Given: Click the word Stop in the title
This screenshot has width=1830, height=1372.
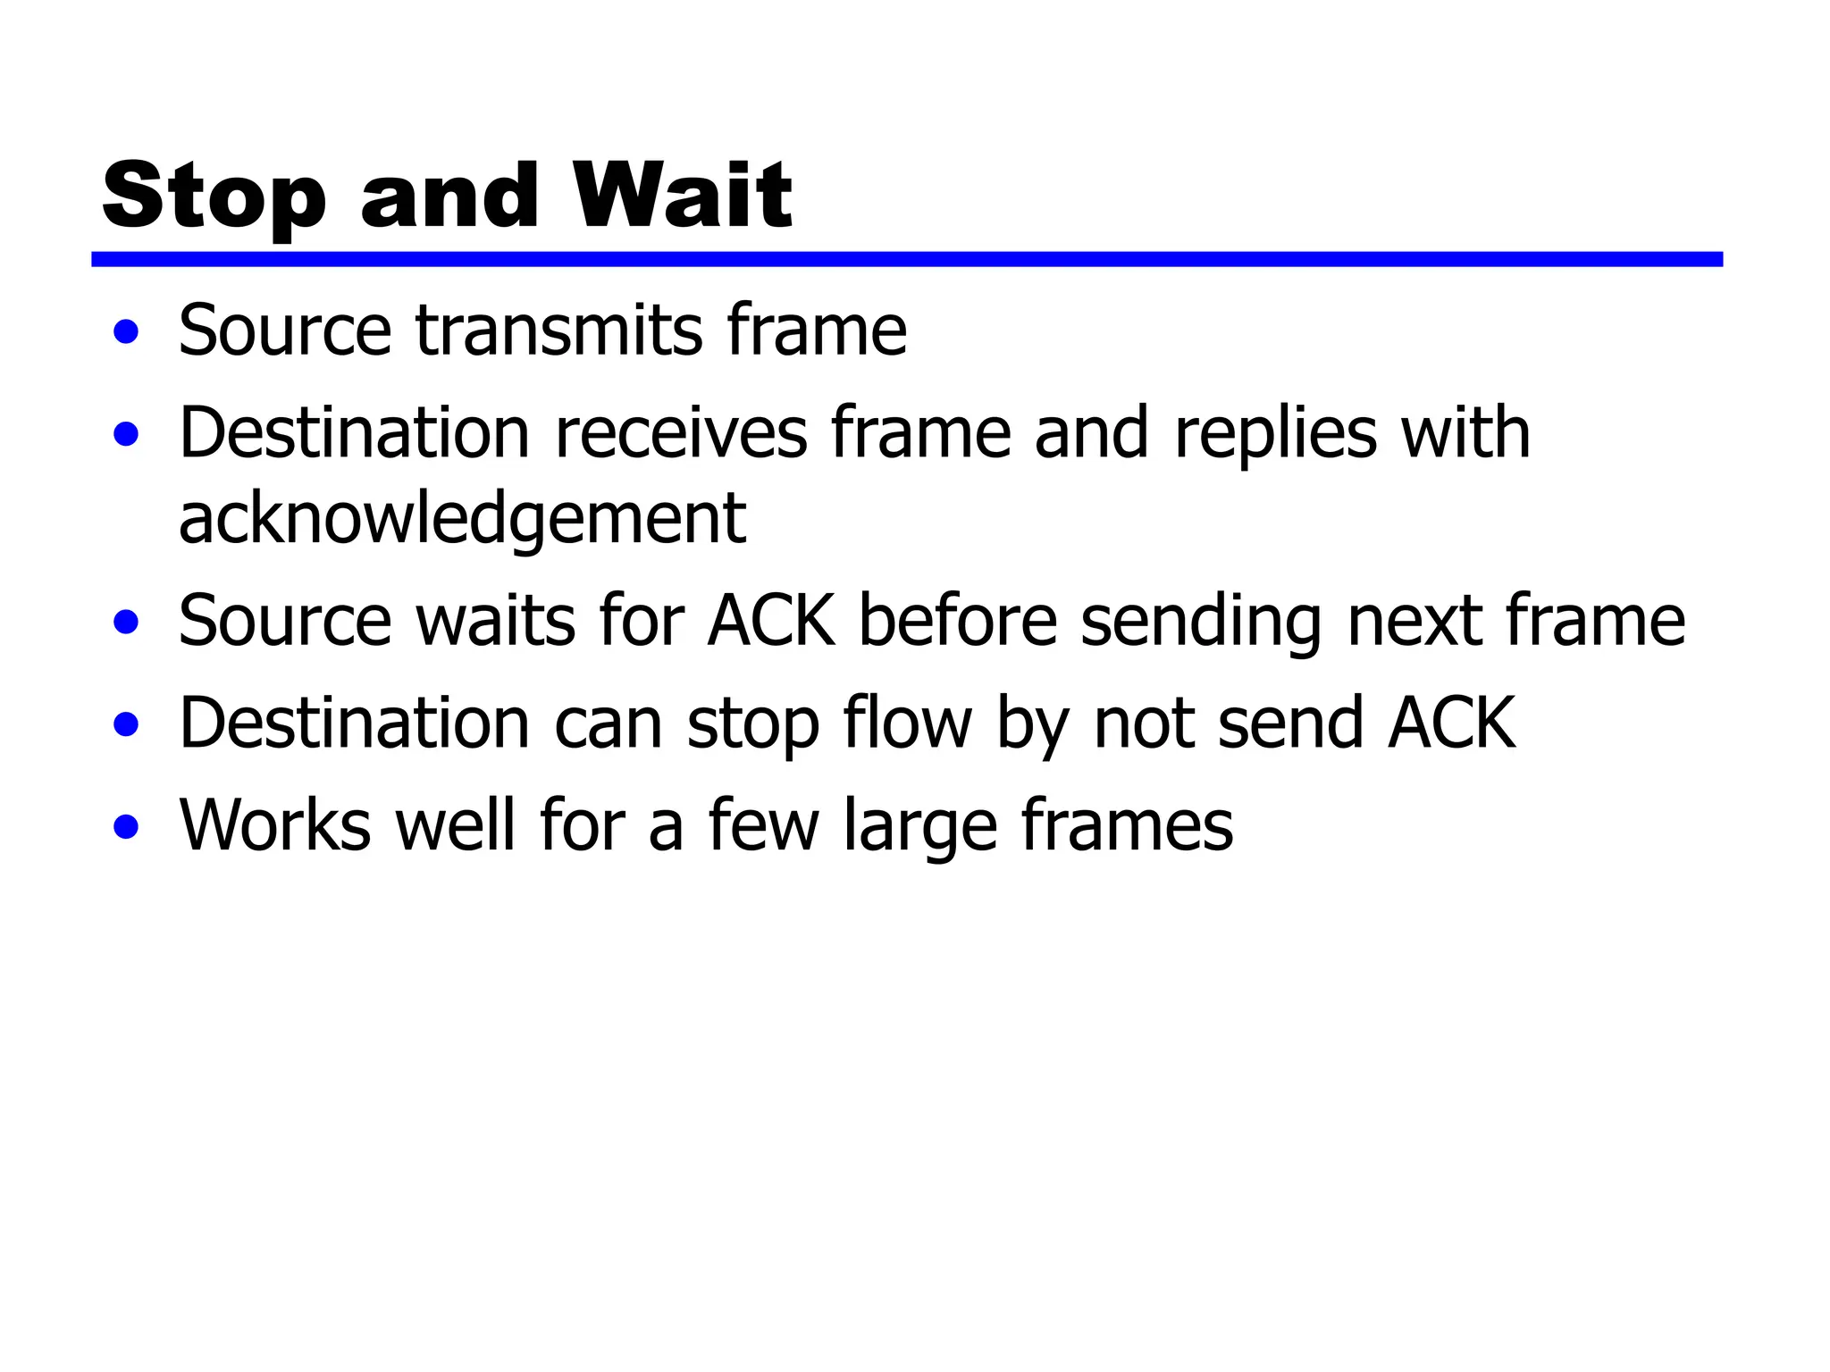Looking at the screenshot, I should click(x=214, y=197).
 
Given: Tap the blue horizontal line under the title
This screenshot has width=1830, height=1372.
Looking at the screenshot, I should click(x=906, y=259).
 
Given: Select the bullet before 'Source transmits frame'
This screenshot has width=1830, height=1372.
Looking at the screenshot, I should click(x=127, y=332).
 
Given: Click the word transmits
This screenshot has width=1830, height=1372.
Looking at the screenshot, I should click(x=558, y=330).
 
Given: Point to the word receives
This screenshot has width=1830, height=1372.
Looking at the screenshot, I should click(x=681, y=433).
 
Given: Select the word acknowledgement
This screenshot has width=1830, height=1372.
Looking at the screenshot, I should click(x=462, y=520).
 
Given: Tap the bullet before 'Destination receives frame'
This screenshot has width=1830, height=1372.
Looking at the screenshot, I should click(x=127, y=435).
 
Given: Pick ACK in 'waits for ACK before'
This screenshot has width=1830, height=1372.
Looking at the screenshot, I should click(x=771, y=621).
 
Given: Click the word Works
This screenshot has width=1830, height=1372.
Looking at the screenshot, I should click(x=275, y=824).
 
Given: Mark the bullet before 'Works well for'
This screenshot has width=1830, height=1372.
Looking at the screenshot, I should click(x=127, y=826).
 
